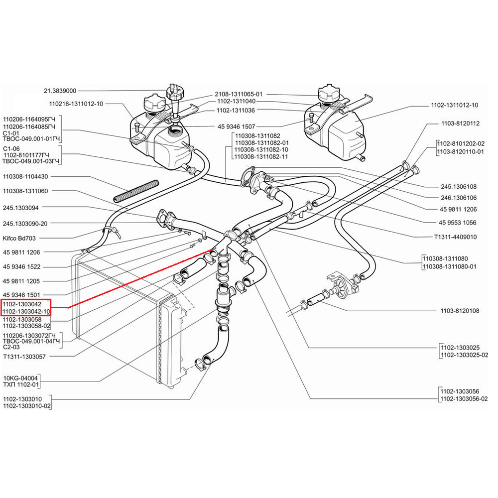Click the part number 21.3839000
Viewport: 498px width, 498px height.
(x=60, y=91)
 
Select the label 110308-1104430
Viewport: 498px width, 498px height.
(x=25, y=177)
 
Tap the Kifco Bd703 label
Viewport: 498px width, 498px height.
(x=19, y=238)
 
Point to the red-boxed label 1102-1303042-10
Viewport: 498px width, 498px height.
(x=26, y=312)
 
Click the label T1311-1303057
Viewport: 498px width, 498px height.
(x=24, y=357)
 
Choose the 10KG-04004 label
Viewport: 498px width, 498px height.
(x=20, y=378)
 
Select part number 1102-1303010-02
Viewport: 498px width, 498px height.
(x=27, y=406)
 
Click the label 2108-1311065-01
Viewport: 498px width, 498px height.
(x=239, y=94)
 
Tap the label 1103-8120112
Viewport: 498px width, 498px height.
(x=460, y=124)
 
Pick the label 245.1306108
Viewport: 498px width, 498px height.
(x=459, y=187)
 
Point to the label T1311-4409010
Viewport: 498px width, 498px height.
(x=456, y=237)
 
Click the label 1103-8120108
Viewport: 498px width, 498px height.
(x=460, y=311)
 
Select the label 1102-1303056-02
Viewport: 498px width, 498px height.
(x=464, y=399)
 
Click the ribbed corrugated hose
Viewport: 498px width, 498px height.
(x=136, y=191)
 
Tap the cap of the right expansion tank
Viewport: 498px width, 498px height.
(x=329, y=94)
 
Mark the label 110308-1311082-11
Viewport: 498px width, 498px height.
(x=261, y=156)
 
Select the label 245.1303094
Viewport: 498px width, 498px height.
(x=20, y=208)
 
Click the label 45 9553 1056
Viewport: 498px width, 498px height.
(x=457, y=223)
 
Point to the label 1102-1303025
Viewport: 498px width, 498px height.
(x=460, y=348)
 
